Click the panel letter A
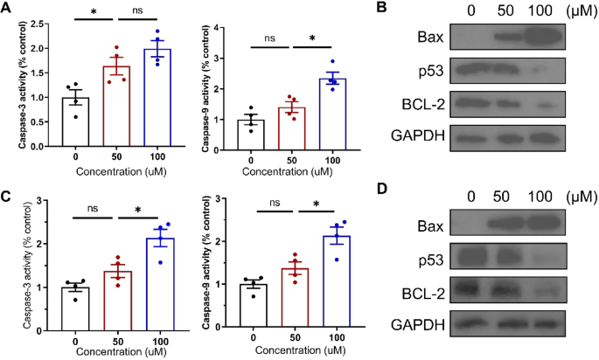click(8, 8)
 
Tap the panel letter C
click(8, 197)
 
